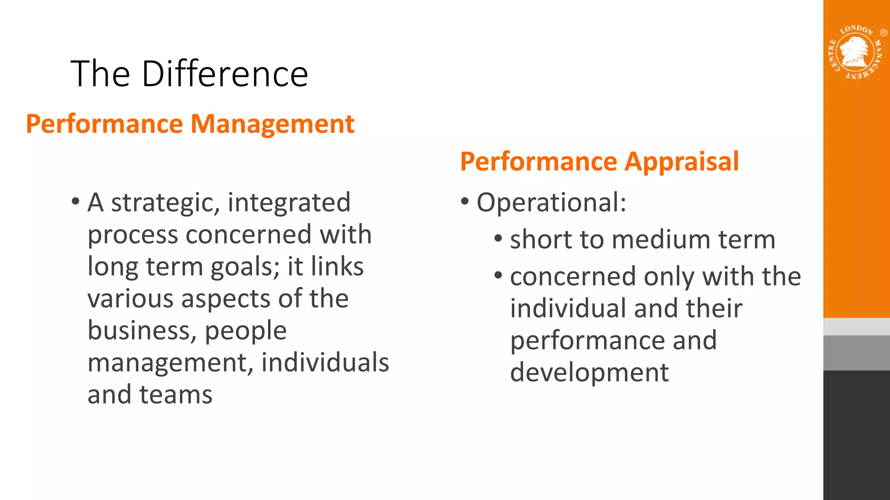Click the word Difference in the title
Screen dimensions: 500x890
click(x=225, y=74)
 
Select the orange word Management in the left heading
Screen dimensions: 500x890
click(x=272, y=124)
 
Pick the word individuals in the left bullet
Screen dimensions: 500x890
click(x=325, y=362)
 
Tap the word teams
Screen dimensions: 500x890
click(x=176, y=395)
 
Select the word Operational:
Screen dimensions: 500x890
click(x=551, y=203)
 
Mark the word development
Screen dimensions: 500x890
click(x=589, y=372)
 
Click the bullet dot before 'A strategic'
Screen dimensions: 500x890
click(x=76, y=201)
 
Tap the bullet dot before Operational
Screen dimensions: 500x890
click(x=465, y=201)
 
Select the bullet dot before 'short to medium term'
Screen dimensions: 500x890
click(x=498, y=239)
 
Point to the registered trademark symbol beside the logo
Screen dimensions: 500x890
click(x=883, y=33)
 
